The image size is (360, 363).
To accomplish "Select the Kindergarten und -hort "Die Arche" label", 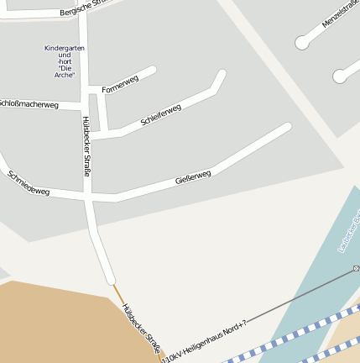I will point(65,61).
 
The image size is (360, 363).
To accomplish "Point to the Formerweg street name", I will point(120,84).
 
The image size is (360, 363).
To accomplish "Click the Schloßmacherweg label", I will point(29,104).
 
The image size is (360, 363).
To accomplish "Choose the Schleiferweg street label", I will point(161,115).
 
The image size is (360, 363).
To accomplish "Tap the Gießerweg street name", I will point(193,177).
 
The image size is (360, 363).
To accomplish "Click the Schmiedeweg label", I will point(29,184).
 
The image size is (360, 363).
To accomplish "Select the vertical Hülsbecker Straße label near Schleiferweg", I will point(86,146).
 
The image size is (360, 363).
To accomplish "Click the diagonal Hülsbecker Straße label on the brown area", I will point(141,328).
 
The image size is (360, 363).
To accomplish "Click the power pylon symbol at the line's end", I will point(356,269).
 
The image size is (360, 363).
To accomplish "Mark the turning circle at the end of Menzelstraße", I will point(302,42).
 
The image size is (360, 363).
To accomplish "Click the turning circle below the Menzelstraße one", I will point(340,76).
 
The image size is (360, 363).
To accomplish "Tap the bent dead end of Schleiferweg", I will point(222,75).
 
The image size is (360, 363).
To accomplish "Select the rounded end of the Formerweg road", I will point(152,71).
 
